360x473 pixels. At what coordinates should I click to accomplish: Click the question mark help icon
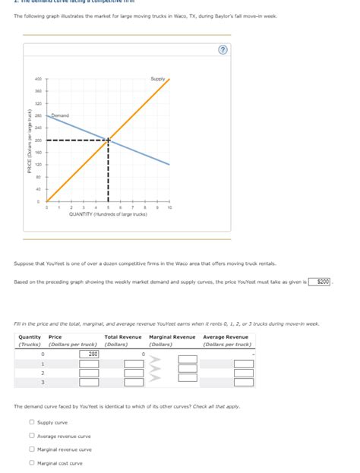point(223,50)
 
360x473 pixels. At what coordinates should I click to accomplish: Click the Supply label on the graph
point(158,79)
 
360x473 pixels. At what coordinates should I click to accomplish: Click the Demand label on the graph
point(60,115)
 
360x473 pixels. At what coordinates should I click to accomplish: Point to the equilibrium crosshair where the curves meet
point(108,140)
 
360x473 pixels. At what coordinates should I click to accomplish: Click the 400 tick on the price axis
point(37,79)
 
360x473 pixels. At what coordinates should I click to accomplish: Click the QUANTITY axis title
point(108,214)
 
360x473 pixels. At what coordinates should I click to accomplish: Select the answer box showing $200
point(323,281)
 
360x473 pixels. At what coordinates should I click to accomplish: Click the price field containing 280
point(89,354)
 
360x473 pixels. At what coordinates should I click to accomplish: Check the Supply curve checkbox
point(32,422)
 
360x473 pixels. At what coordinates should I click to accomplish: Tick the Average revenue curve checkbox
point(32,436)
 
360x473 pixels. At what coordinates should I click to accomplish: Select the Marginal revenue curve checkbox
point(32,449)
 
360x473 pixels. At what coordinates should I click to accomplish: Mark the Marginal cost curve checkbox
point(32,462)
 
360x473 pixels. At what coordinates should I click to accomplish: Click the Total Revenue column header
point(123,336)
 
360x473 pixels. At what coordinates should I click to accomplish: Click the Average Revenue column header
point(226,336)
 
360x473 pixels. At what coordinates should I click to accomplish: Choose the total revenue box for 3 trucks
point(134,382)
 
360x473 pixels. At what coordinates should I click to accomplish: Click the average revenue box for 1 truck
point(243,363)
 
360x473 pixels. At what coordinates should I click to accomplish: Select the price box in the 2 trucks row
point(89,373)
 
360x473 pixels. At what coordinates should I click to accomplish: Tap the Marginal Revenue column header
point(172,336)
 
